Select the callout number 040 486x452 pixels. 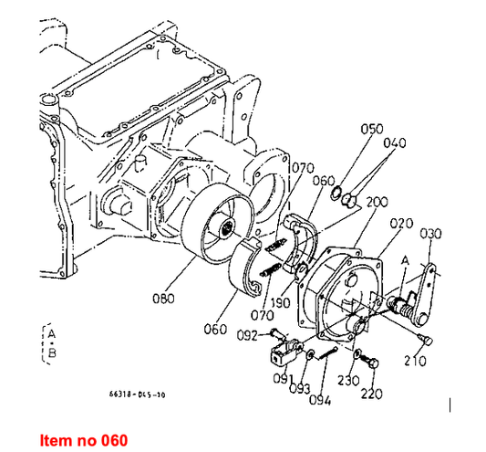click(395, 142)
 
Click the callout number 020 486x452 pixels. click(400, 223)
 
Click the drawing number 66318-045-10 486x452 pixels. click(137, 394)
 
